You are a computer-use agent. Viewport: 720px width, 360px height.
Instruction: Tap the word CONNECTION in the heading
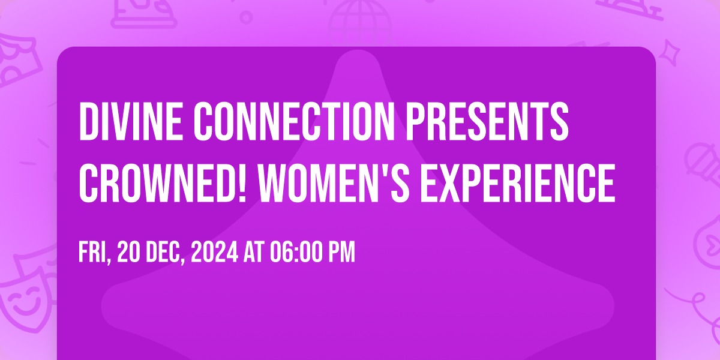click(x=294, y=121)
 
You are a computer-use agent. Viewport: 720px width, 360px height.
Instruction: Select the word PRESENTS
click(x=487, y=121)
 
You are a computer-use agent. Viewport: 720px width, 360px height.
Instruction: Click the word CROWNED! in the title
click(x=163, y=183)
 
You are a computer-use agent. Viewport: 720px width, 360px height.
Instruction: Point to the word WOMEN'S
click(x=334, y=183)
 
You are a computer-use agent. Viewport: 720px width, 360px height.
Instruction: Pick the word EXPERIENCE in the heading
click(x=518, y=183)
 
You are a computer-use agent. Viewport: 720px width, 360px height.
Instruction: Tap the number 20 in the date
click(x=128, y=253)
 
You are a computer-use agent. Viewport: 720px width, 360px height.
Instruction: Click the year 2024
click(x=214, y=253)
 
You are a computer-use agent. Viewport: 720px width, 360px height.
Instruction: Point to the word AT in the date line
click(x=254, y=253)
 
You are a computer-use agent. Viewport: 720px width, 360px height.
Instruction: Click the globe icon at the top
click(x=360, y=22)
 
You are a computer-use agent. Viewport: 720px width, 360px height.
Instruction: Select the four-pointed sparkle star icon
click(x=670, y=53)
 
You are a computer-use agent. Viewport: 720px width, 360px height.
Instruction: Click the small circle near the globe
click(x=246, y=17)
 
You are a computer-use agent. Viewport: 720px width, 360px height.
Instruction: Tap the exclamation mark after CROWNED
click(x=243, y=183)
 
